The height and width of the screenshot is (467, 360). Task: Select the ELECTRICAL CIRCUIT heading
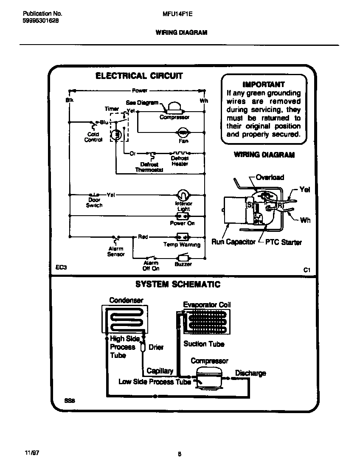point(139,76)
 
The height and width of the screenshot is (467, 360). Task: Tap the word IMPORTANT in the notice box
point(263,84)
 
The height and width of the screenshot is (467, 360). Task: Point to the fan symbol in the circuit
point(183,132)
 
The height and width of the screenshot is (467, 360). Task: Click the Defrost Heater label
point(180,161)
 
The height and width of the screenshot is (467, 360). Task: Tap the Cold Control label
point(93,137)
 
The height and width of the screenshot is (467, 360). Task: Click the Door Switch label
point(94,203)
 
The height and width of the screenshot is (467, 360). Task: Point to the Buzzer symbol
point(183,257)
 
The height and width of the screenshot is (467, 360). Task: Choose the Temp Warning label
point(182,245)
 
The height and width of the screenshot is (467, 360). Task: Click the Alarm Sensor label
point(115,251)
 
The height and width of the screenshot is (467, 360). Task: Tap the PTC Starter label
point(284,242)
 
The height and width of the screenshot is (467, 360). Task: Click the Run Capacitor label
point(233,242)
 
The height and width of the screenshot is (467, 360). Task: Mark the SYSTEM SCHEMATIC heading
point(178,284)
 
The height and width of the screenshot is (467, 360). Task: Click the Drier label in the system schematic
point(156,347)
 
